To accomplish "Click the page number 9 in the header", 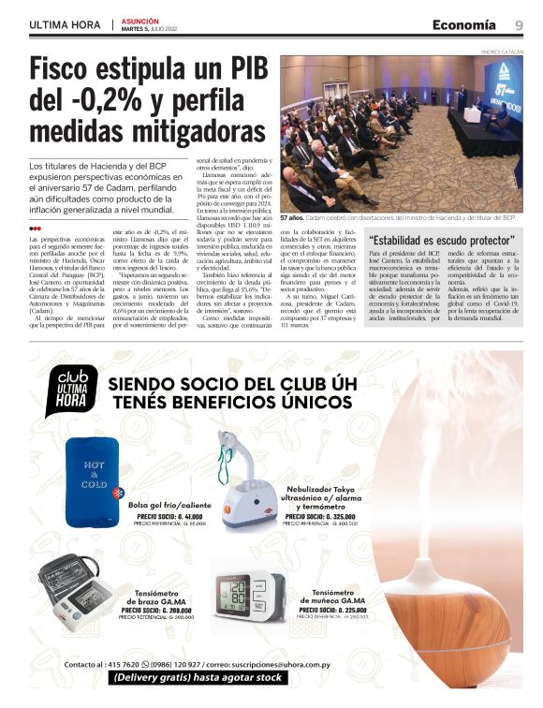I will (519, 24).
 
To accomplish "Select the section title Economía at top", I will (464, 24).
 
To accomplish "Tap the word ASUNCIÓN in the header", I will (140, 20).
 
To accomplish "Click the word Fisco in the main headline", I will (67, 72).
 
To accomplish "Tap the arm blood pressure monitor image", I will (74, 590).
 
